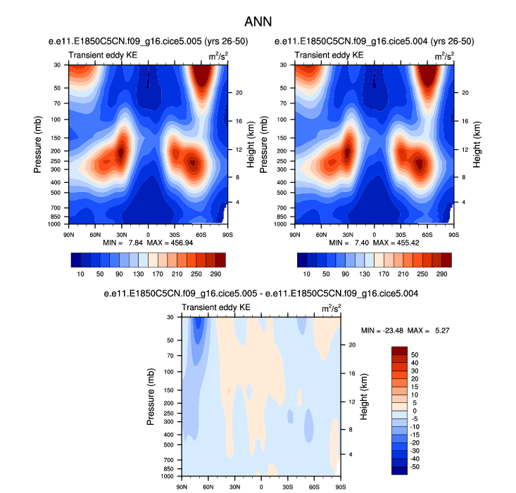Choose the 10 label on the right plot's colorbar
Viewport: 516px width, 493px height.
tap(307, 273)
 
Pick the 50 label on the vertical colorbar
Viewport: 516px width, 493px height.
tap(414, 354)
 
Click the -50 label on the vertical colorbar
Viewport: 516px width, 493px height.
tap(415, 466)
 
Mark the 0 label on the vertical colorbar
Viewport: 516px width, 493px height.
tap(413, 410)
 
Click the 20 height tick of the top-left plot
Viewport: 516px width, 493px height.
tap(239, 92)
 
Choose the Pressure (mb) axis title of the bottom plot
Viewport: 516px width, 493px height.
tap(151, 397)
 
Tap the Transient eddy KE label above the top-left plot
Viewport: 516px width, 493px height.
tap(97, 55)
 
